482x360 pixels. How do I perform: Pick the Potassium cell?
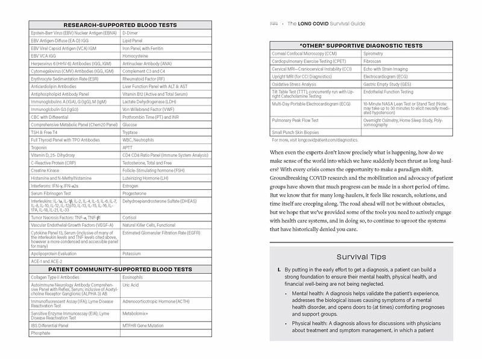point(133,254)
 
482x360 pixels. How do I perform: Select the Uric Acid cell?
point(132,283)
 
